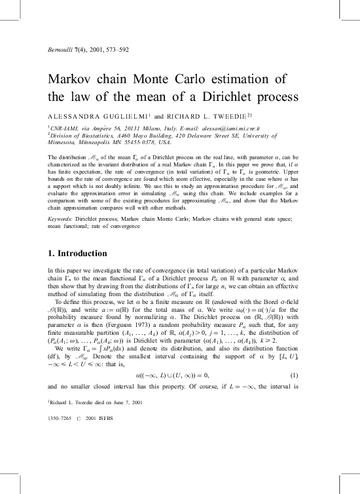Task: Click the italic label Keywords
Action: click(65, 218)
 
